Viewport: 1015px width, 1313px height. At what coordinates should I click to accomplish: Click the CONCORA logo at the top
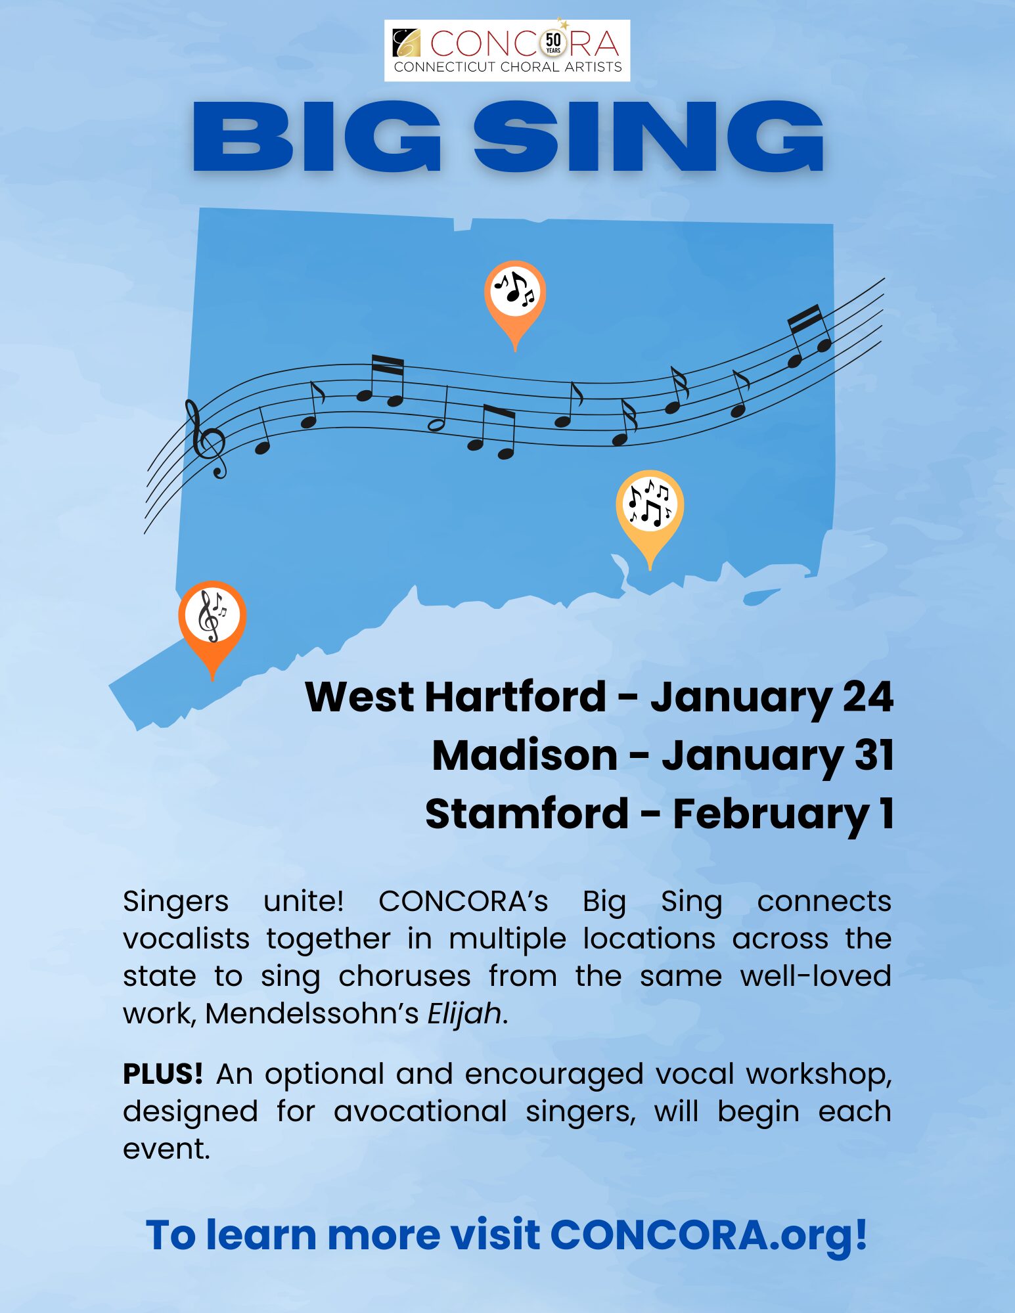(x=507, y=51)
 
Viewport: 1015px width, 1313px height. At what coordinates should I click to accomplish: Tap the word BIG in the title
(x=317, y=137)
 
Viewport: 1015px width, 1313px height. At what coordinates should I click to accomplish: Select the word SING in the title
(x=648, y=137)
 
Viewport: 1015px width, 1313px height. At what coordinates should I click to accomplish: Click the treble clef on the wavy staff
(x=207, y=439)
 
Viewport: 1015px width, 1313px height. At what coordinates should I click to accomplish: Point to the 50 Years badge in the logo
(x=553, y=43)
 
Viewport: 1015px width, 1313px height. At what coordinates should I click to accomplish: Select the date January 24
(x=772, y=698)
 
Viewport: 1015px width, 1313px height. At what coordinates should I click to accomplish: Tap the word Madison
(x=525, y=755)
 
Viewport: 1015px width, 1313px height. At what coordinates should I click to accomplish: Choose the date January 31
(x=778, y=757)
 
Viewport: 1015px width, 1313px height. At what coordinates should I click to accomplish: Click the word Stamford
(x=528, y=814)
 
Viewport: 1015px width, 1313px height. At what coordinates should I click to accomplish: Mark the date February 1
(x=783, y=815)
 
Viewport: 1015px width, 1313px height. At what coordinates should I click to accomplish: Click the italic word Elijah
(x=465, y=1013)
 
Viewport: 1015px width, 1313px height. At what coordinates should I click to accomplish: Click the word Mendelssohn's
(x=312, y=1013)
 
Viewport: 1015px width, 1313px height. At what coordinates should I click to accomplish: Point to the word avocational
(x=420, y=1111)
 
